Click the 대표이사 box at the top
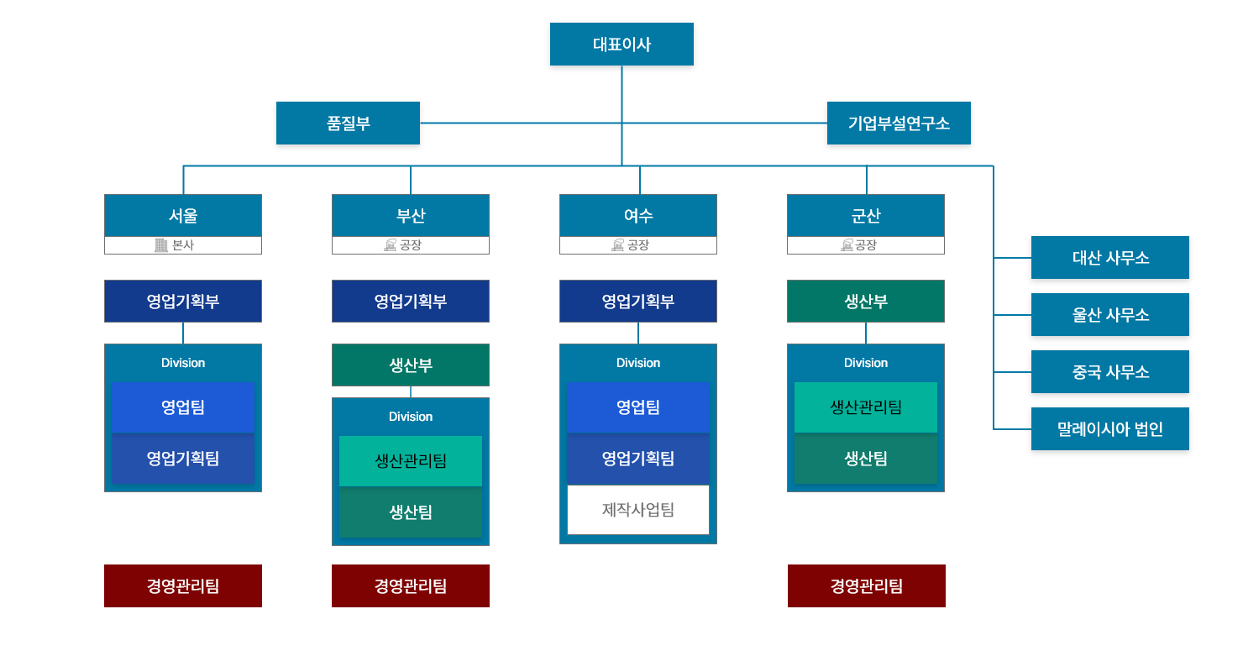tap(621, 44)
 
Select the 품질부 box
tap(348, 123)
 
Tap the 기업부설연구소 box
tap(899, 123)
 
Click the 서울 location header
tap(183, 215)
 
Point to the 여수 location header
tap(638, 215)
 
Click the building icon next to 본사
tap(161, 245)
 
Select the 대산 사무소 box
tap(1109, 257)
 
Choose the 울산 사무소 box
tap(1109, 314)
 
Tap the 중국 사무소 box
tap(1109, 371)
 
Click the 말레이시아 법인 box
tap(1109, 428)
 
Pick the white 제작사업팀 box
tap(638, 509)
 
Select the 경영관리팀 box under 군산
tap(866, 585)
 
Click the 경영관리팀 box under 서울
tap(183, 585)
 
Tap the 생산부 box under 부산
tap(411, 365)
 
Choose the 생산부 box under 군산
tap(866, 301)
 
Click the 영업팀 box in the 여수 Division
tap(638, 407)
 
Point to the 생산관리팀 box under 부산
tap(411, 460)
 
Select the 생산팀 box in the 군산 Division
tap(866, 458)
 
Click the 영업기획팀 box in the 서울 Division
tap(183, 458)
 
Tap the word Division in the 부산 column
tap(411, 417)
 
